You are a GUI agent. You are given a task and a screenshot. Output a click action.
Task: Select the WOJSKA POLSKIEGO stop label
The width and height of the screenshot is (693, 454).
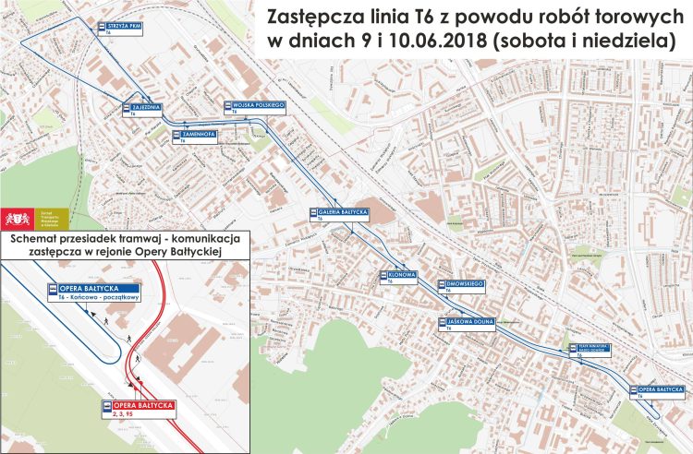(258, 106)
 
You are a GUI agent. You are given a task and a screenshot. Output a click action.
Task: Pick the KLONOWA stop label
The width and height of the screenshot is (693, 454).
(403, 274)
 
